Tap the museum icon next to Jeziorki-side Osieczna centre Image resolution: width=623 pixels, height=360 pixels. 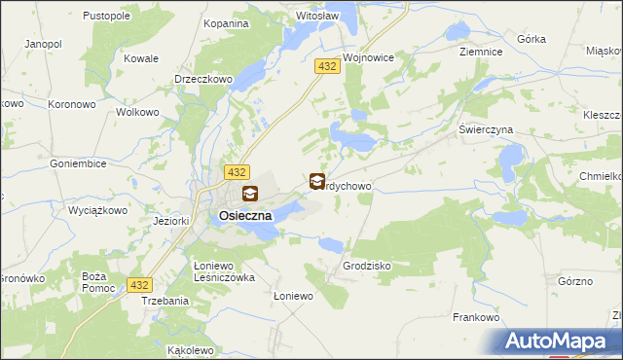coord(250,194)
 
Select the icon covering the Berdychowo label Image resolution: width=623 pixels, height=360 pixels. coord(317,181)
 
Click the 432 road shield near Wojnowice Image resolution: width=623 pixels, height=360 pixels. coord(326,65)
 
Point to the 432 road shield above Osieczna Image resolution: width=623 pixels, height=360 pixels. coord(234,171)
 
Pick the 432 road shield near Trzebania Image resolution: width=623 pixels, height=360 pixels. coord(139,284)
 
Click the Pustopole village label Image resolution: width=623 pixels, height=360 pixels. coord(107,17)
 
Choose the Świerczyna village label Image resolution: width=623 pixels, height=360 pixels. coord(486,129)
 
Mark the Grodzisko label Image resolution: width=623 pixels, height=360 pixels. coord(366,265)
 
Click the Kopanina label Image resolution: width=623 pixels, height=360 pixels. coord(225,21)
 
